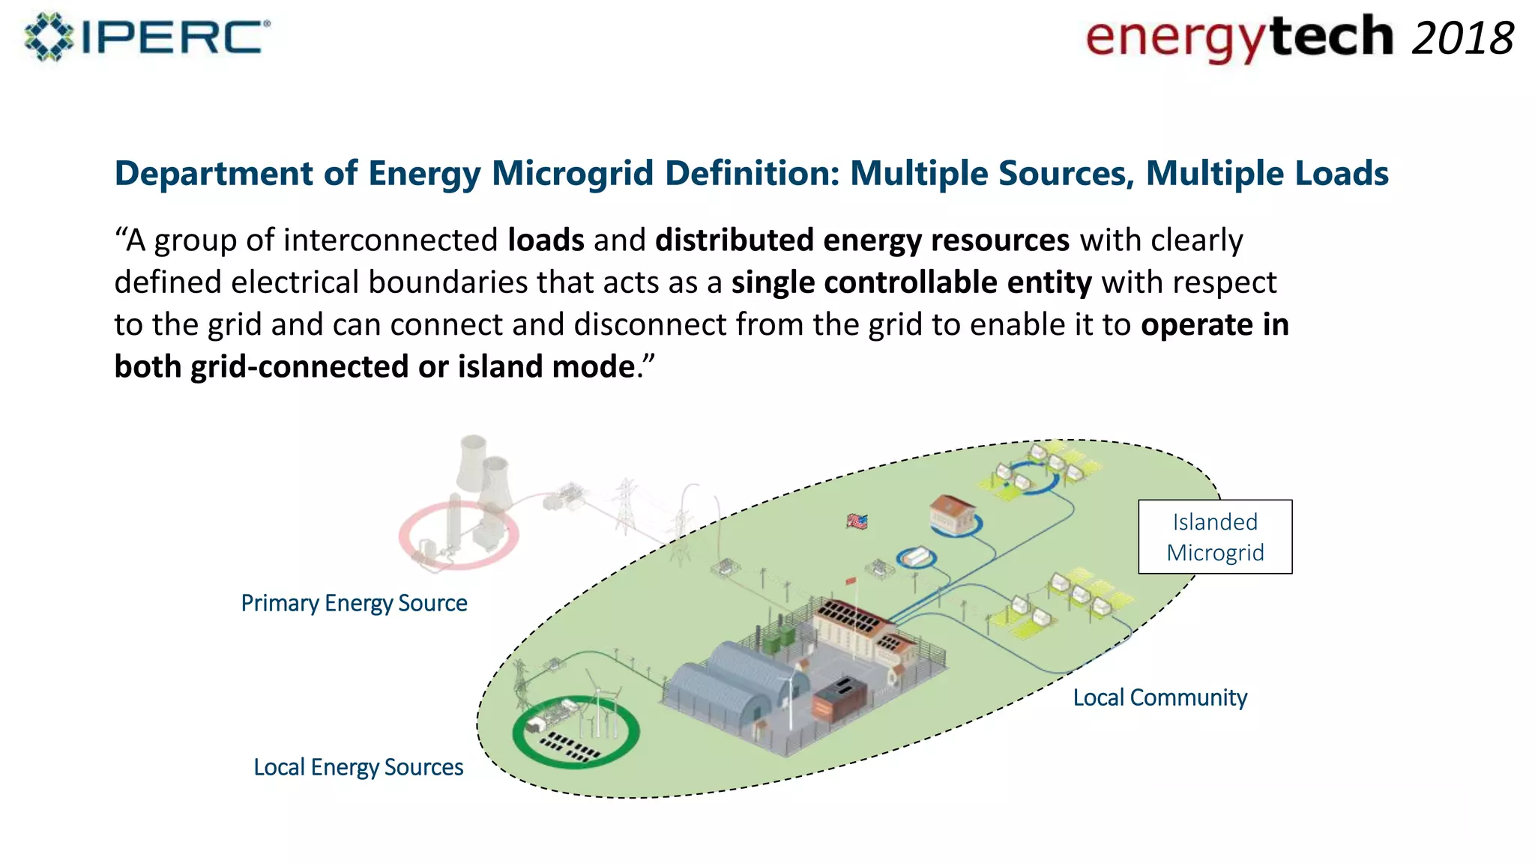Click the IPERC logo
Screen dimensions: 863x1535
pos(147,37)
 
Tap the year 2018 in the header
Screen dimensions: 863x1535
pos(1462,39)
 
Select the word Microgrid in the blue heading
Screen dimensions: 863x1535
pos(573,174)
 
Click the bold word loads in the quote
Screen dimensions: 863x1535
pos(546,240)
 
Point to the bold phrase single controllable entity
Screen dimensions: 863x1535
pos(911,283)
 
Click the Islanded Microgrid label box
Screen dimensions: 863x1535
pos(1214,537)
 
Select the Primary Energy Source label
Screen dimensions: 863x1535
pos(354,603)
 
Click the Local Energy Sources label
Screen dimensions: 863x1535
pos(358,767)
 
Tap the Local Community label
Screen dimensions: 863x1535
pos(1159,697)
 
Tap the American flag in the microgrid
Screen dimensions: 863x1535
pos(857,521)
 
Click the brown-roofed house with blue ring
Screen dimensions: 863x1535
pos(952,514)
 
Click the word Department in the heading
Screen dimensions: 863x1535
pos(214,174)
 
